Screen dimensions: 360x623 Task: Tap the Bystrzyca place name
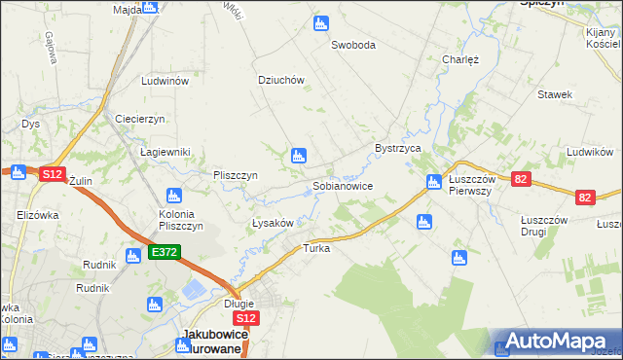(x=397, y=148)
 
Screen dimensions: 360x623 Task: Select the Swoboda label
(x=352, y=45)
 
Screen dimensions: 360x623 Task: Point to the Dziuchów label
(x=281, y=81)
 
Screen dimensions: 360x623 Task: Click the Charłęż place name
(x=460, y=58)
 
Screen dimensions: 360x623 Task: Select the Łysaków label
(x=267, y=223)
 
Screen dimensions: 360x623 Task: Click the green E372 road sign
(x=164, y=253)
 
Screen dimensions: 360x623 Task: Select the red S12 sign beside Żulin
(x=52, y=174)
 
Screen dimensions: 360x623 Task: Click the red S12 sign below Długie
(x=247, y=318)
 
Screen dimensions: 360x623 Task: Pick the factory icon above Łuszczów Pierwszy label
(x=434, y=181)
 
